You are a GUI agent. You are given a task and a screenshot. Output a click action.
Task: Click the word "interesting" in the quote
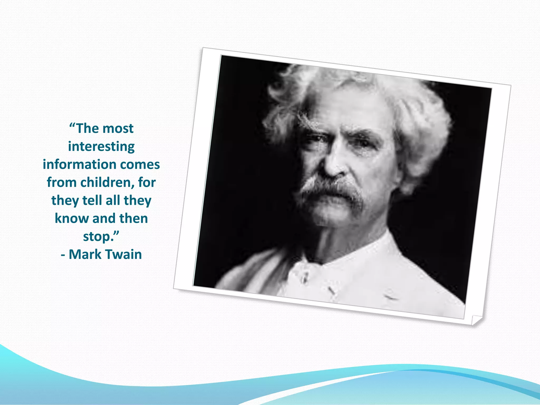point(101,147)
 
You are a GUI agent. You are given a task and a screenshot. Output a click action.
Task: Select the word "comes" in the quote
point(140,165)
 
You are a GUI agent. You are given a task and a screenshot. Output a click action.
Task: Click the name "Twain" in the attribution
point(124,254)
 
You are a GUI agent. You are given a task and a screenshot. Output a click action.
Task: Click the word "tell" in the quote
point(92,200)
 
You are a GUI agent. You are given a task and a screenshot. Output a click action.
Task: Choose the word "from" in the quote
point(62,182)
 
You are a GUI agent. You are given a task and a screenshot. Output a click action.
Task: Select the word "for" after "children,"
point(147,182)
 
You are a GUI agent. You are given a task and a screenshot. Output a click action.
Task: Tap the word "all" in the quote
point(113,200)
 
